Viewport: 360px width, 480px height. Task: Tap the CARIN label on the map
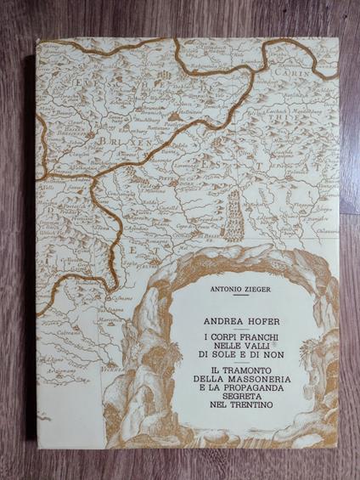pos(318,50)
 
